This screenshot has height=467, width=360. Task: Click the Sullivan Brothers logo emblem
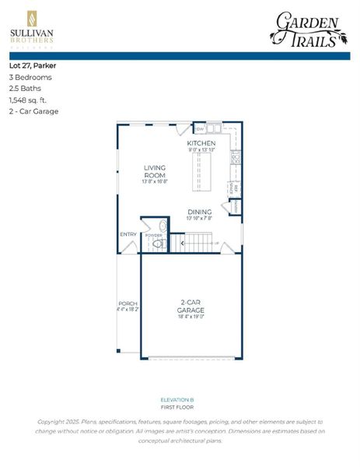point(31,18)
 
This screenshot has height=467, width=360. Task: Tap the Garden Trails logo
point(308,28)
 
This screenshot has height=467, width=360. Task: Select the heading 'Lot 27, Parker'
point(33,65)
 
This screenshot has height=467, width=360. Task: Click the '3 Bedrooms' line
point(30,77)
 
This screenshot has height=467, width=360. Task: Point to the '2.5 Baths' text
point(25,89)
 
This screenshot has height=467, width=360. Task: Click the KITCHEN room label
point(201,144)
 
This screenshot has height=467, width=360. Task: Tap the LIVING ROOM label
point(156,171)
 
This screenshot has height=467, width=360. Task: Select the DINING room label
point(199,211)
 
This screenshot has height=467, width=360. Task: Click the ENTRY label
point(128,233)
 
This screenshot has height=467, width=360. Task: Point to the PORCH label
point(128,304)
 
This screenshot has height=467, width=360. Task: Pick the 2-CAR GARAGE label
point(190,306)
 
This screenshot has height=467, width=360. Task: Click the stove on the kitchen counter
point(235,158)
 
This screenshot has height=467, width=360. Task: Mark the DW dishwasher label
point(200,128)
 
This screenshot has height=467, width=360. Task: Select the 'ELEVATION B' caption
point(180,399)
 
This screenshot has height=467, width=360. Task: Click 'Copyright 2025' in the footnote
point(61,421)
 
